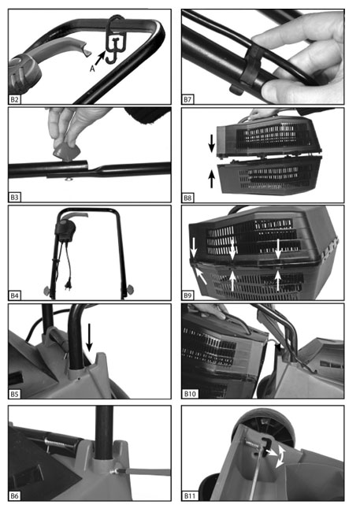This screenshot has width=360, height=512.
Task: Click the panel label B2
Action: coord(14,99)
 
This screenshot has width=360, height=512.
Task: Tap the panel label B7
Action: coord(187,99)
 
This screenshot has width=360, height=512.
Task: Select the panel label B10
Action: coord(190,394)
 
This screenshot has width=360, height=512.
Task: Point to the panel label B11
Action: coord(190,495)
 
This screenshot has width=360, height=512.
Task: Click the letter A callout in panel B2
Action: coord(92,69)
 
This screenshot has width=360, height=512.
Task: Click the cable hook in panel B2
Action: coord(115,39)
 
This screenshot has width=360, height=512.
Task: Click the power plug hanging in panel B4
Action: coord(69,282)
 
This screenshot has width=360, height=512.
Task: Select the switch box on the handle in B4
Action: coord(66,231)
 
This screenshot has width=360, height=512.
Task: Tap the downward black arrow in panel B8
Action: coord(212,143)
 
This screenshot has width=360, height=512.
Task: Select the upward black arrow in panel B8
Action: coord(212,179)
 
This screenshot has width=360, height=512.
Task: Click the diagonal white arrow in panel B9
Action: coord(201,275)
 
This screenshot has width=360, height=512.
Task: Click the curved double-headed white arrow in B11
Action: coord(280,457)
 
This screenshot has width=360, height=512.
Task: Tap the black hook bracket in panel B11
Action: coord(266,446)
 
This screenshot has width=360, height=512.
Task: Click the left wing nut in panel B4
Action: coord(48,290)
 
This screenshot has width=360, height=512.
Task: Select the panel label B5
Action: coord(14,394)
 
